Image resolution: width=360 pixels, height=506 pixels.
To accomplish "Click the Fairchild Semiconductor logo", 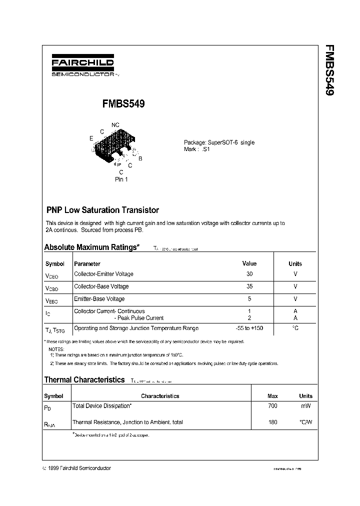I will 83,65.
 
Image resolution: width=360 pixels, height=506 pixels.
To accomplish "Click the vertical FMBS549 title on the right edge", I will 329,70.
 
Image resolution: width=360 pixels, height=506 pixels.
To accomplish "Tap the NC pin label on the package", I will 115,125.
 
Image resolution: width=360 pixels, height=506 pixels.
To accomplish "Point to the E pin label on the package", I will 91,138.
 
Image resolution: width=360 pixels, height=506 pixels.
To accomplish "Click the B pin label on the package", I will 140,158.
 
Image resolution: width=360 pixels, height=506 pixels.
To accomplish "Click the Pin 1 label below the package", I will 121,179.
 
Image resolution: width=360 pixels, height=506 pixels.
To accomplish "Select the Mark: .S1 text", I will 196,149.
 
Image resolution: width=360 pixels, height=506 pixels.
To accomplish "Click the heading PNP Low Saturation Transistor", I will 102,210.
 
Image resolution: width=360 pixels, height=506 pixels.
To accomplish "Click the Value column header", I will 249,263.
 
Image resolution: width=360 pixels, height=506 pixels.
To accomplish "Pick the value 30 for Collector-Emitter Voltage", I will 249,274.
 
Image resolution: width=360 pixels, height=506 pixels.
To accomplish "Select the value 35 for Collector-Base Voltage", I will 249,286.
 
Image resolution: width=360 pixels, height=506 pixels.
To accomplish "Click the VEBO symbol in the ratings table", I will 51,300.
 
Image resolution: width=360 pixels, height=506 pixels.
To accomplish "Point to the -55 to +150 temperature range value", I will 249,328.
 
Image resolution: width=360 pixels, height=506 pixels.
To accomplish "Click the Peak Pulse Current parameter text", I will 140,318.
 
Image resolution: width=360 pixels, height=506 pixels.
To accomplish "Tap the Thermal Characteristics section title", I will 84,380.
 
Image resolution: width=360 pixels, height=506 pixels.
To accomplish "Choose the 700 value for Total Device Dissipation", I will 272,406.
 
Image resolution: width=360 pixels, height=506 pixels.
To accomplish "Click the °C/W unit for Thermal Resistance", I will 305,422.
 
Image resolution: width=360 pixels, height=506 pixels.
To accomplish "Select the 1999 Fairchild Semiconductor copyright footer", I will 77,468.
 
